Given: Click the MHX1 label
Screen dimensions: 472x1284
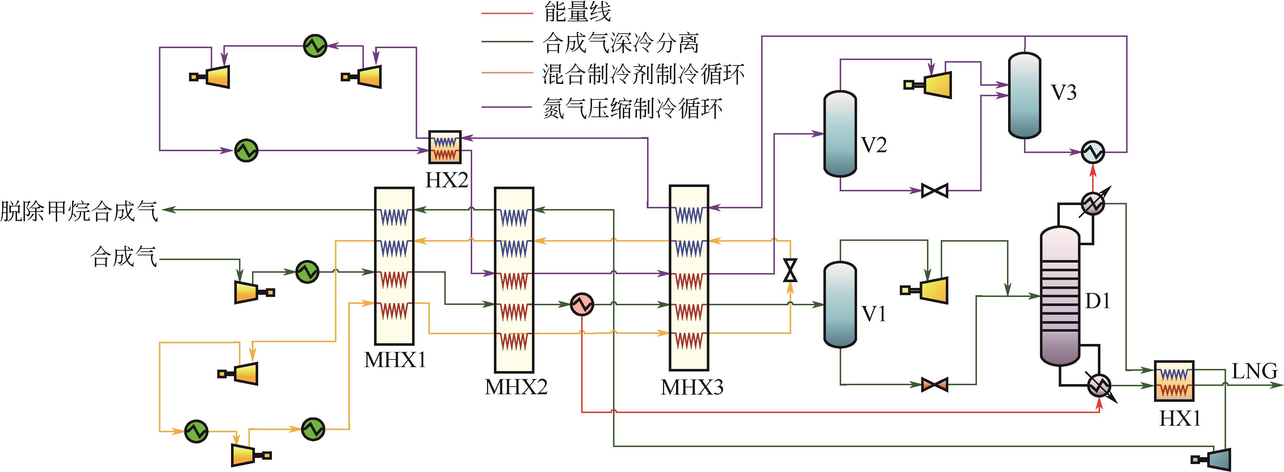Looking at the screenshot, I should [395, 360].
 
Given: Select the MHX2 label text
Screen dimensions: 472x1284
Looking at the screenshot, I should [516, 386].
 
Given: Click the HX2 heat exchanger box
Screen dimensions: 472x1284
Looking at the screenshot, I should [445, 147].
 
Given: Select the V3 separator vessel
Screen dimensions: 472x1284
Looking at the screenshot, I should [1024, 95].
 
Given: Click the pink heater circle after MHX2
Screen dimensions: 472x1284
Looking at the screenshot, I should [582, 304].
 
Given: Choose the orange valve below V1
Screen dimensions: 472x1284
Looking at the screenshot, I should [934, 384].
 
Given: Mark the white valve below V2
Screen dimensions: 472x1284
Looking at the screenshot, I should [934, 191].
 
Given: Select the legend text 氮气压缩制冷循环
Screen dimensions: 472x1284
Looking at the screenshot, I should [633, 107].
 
